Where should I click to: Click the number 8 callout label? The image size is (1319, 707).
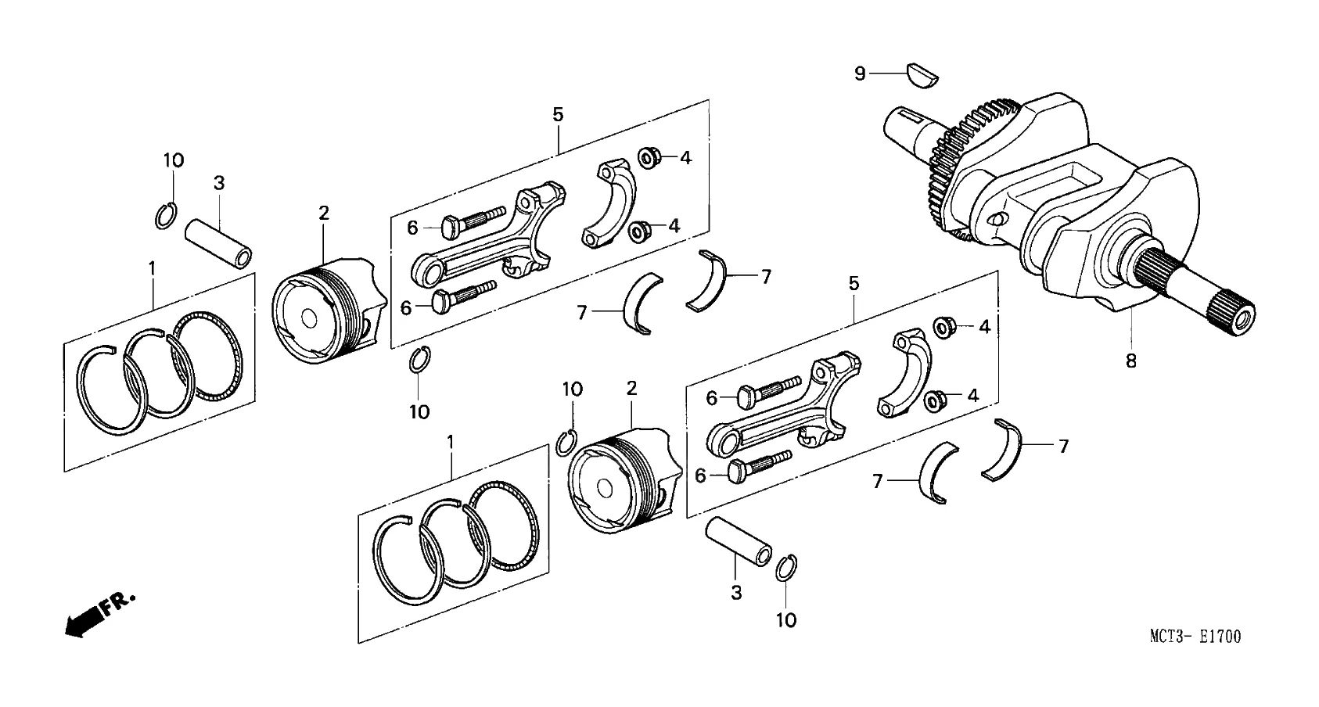(1130, 361)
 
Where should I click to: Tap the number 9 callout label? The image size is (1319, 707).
(860, 74)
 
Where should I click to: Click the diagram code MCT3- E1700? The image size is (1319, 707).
(1195, 637)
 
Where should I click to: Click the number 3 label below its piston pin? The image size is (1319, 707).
(735, 593)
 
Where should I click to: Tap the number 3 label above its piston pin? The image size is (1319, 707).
(219, 183)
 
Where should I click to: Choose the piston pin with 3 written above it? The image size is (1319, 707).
(220, 244)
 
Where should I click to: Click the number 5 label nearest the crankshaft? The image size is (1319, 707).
(854, 283)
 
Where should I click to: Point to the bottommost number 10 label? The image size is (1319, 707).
(785, 620)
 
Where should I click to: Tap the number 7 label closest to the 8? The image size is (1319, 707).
(1063, 446)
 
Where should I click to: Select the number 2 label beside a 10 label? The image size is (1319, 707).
(631, 388)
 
